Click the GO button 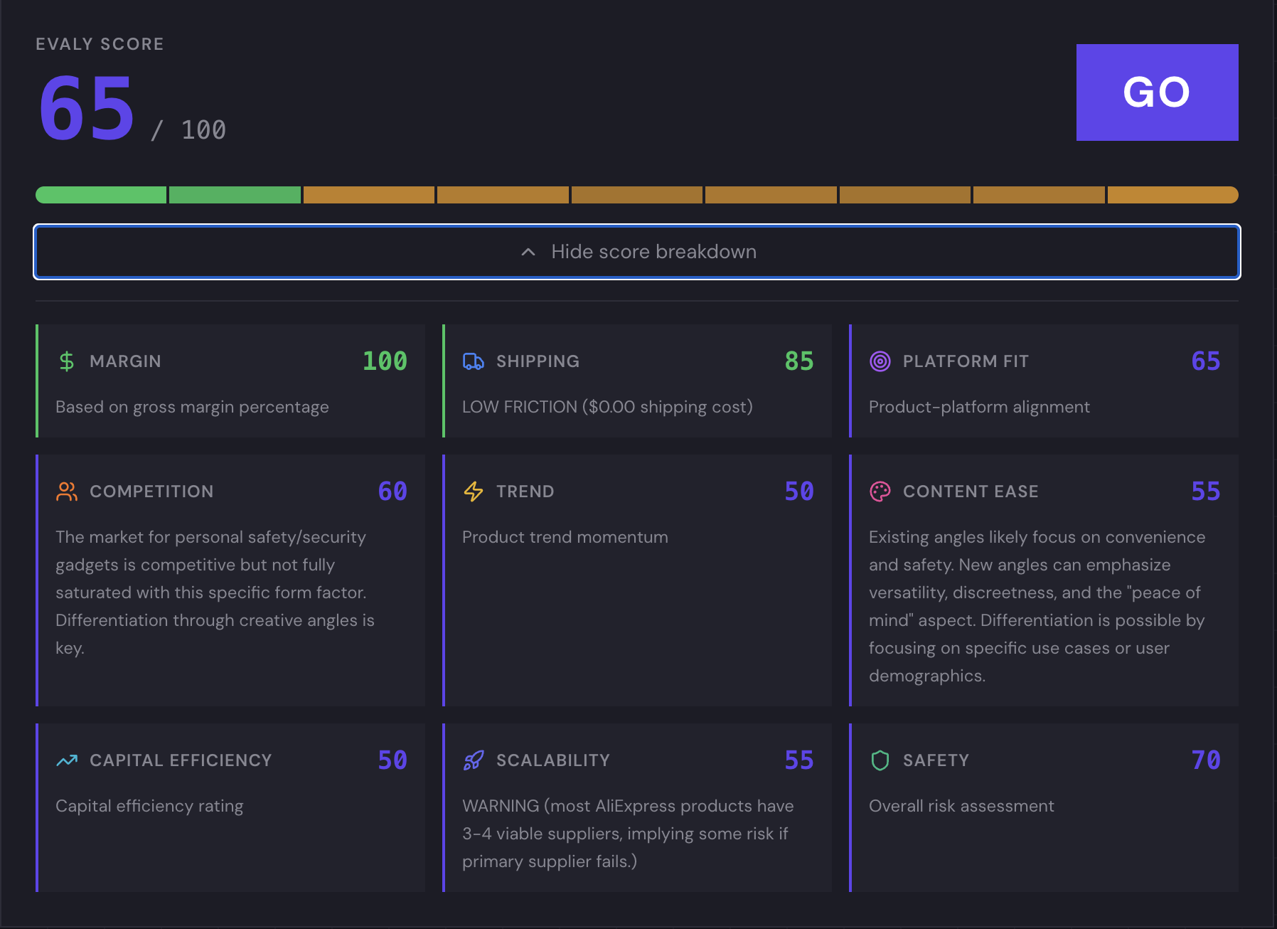coord(1157,92)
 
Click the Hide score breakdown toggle coord(637,252)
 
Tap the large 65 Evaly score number coord(87,109)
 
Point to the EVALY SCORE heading coord(100,44)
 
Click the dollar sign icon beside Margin coord(67,361)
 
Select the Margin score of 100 coord(385,361)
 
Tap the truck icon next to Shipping coord(474,361)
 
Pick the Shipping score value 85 coord(798,361)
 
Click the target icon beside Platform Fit coord(880,361)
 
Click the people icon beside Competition coord(67,492)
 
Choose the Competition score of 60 coord(392,492)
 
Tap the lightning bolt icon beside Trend coord(474,492)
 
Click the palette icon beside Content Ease coord(880,492)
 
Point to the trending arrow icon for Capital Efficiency coord(67,760)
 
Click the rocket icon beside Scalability coord(474,760)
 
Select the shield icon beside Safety coord(880,760)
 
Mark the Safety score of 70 coord(1206,760)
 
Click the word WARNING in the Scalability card coord(501,806)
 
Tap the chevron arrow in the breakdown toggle coord(528,252)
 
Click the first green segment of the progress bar coord(101,195)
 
